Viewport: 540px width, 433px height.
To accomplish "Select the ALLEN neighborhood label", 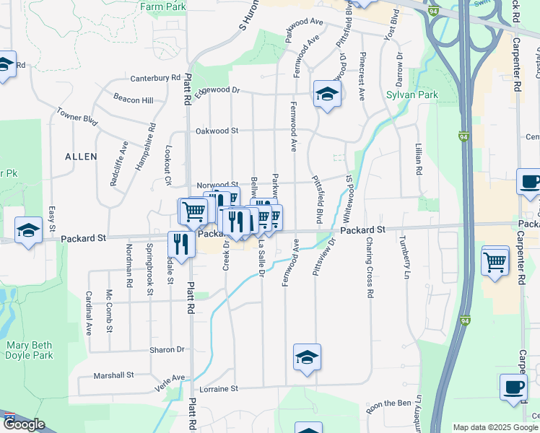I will tap(81, 157).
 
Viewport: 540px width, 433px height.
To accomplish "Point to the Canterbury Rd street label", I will tap(155, 78).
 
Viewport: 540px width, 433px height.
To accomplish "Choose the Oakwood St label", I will tap(217, 131).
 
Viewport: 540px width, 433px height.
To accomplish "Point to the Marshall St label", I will tap(114, 375).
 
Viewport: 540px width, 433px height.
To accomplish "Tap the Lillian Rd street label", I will tap(419, 159).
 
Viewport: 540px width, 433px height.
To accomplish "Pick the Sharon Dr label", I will tap(167, 349).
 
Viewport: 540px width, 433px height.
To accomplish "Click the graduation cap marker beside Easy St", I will tap(28, 230).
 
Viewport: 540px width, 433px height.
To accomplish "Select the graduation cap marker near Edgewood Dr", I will tap(327, 94).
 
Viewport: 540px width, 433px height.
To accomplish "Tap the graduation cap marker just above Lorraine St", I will tap(307, 357).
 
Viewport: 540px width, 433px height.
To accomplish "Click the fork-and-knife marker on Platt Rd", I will tap(181, 244).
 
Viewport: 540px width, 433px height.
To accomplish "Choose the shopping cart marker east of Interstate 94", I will tap(495, 261).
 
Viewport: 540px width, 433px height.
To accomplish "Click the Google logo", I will tap(24, 424).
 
